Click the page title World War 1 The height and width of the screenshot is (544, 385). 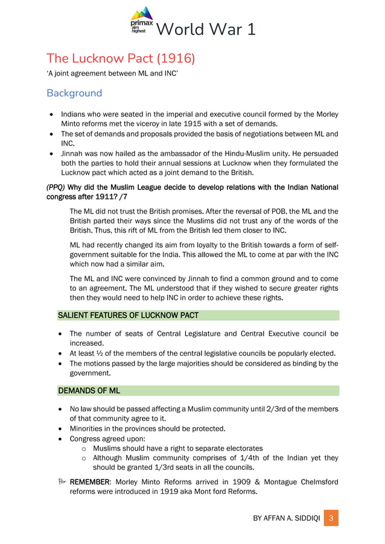click(205, 29)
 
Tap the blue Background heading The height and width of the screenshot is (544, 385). click(74, 93)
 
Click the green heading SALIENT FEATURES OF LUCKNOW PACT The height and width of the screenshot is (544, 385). click(128, 315)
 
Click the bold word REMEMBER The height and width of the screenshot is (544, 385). click(91, 482)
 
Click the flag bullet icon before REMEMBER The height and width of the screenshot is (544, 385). click(62, 482)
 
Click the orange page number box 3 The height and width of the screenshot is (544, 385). click(331, 519)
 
